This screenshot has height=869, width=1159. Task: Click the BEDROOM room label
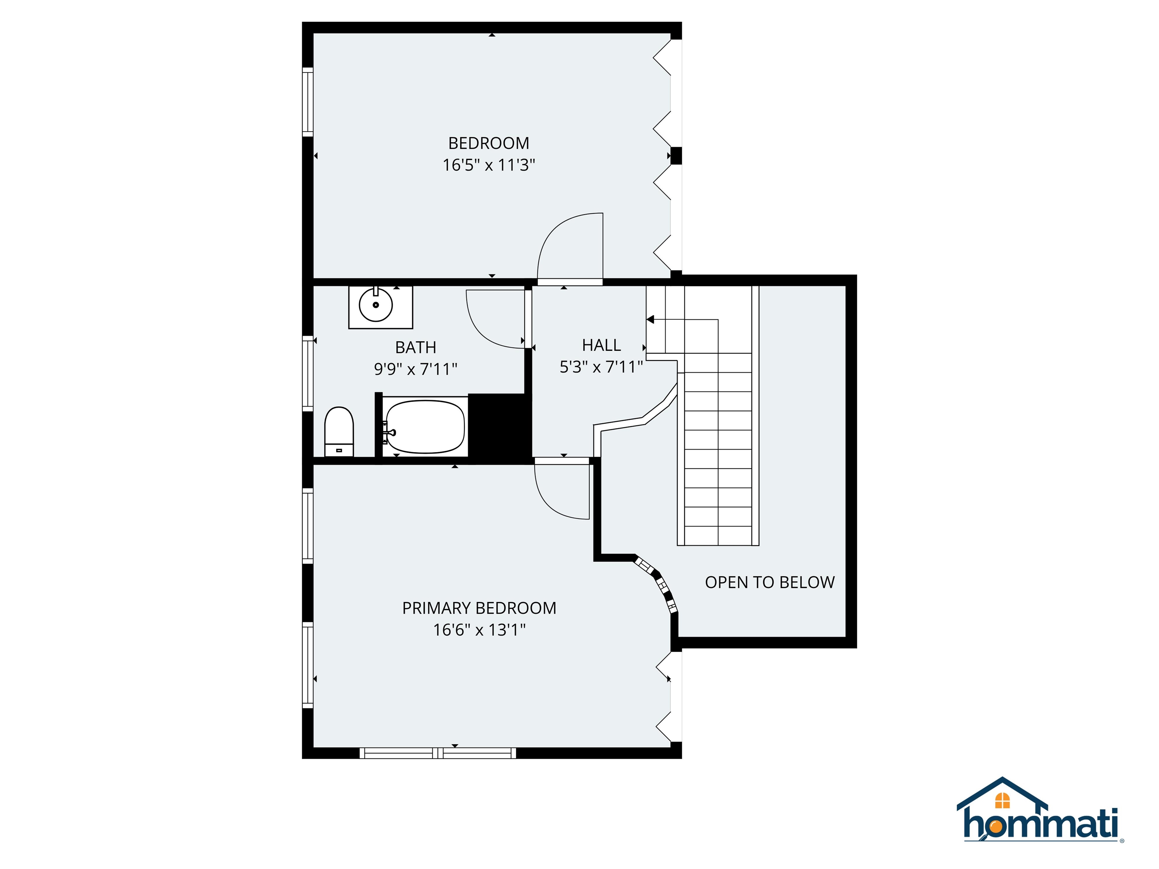[488, 143]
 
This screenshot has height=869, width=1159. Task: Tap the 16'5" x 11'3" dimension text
[488, 165]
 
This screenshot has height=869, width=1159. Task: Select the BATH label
[415, 347]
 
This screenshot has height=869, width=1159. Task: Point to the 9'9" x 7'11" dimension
[415, 369]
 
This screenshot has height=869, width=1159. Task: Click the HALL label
[601, 345]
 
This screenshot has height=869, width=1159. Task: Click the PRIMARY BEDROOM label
[479, 608]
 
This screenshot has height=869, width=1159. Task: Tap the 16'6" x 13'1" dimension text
[479, 629]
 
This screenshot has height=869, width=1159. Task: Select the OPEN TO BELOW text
[769, 582]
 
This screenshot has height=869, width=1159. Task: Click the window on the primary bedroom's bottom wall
[438, 753]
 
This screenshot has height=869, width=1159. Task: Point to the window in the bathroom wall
[307, 373]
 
